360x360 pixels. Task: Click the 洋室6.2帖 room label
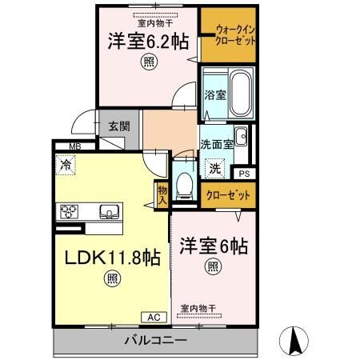tap(148, 42)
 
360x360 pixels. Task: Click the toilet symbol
tap(186, 182)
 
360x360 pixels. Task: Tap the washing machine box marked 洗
tap(215, 169)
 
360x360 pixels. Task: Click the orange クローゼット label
tap(227, 195)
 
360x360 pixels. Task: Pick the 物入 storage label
tap(162, 195)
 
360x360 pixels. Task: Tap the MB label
tap(74, 146)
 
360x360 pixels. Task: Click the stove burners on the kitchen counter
tap(68, 212)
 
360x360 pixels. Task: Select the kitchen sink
tap(109, 212)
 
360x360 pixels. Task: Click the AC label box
tap(154, 318)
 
